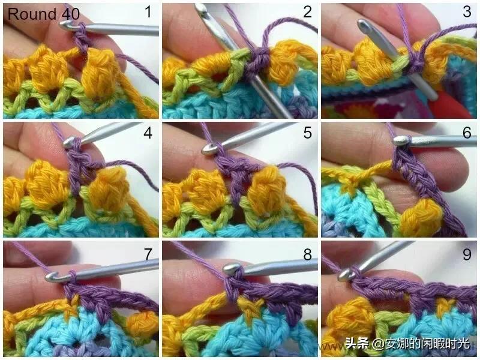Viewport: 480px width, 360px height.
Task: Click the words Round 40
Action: pos(43,14)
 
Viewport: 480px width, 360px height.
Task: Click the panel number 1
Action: pos(148,12)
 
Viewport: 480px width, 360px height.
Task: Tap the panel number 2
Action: pos(307,12)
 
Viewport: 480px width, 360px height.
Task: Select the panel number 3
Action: pos(467,12)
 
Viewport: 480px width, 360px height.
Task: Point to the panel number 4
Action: pos(148,133)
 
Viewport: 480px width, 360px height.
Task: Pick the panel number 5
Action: pos(307,133)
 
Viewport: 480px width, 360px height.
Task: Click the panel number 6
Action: pos(467,133)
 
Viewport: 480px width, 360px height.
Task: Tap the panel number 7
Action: pos(148,254)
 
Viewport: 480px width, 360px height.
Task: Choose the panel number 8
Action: pos(307,254)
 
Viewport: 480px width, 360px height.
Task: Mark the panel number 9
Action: pos(467,254)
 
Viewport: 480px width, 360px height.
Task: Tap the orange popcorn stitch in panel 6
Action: pos(422,218)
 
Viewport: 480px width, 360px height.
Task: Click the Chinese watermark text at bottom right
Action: pos(407,343)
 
